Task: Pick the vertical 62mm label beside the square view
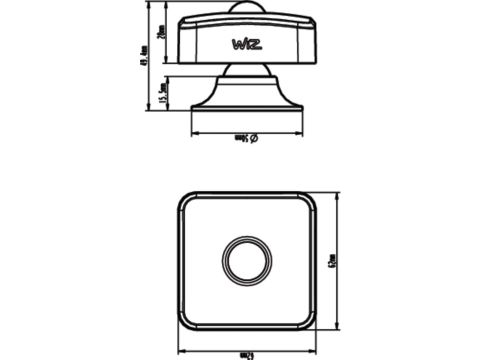(x=333, y=263)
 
